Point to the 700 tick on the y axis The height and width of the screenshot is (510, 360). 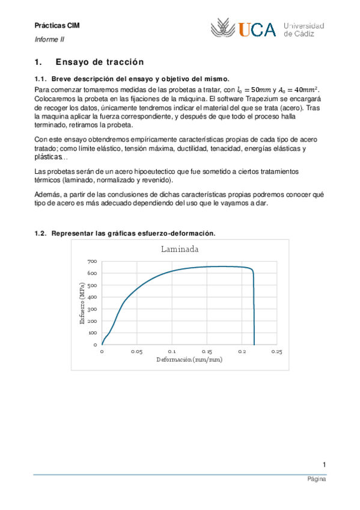point(92,262)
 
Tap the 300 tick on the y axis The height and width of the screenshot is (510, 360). point(92,309)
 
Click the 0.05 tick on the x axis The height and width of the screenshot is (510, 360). point(136,351)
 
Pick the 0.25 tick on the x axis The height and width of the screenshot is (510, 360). point(276,351)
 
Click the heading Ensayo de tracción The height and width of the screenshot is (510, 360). point(100,61)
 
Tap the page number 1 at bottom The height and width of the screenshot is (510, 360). point(324,464)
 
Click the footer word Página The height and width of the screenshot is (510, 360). point(317,481)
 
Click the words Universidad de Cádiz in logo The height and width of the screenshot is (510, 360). point(304,29)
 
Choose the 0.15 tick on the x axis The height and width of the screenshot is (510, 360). point(207,351)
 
